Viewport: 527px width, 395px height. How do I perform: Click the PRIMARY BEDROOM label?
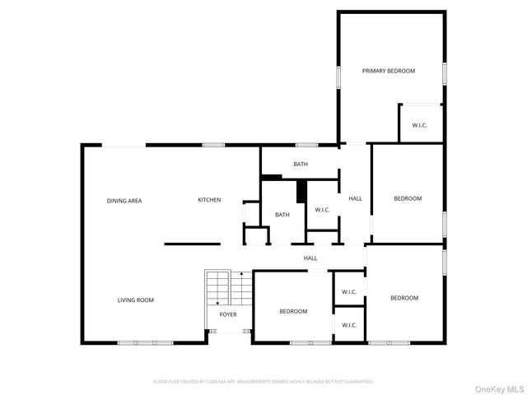[389, 71]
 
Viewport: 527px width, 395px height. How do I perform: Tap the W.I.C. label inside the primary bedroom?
[419, 125]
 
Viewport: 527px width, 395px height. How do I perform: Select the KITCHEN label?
[209, 200]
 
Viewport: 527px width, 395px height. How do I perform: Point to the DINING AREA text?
[124, 201]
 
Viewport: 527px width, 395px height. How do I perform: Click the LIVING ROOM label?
[135, 300]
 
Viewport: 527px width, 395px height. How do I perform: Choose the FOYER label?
[228, 314]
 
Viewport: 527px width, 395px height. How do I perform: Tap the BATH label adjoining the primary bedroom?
[301, 165]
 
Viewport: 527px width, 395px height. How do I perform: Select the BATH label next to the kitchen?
[282, 215]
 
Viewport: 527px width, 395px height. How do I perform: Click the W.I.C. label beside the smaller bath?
[322, 210]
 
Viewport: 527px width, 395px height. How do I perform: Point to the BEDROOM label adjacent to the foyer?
[293, 311]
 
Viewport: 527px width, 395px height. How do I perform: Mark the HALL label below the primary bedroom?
[355, 198]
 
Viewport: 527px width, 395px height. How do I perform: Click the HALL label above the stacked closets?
[310, 258]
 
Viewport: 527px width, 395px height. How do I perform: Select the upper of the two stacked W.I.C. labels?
[349, 291]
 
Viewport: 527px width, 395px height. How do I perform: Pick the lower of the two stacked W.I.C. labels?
[349, 325]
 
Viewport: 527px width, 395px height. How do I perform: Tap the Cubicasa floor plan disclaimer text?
[263, 382]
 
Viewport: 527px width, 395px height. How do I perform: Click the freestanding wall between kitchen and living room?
[192, 244]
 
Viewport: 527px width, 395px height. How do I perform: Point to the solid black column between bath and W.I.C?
[302, 191]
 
